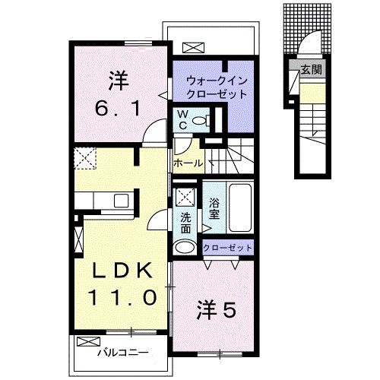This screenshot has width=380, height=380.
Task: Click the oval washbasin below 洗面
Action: click(185, 247)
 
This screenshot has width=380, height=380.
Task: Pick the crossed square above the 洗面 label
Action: click(185, 197)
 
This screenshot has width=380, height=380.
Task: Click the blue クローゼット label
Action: click(227, 248)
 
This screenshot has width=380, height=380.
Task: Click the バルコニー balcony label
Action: click(122, 353)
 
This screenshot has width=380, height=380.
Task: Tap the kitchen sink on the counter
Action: click(121, 201)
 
